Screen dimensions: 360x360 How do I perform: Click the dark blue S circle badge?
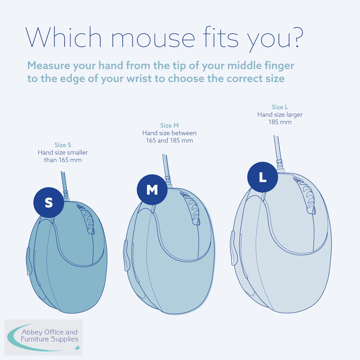tap(49, 202)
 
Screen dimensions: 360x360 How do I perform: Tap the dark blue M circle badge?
tap(152, 190)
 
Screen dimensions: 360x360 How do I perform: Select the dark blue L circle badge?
tap(262, 177)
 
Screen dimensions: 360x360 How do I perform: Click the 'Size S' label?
tap(63, 145)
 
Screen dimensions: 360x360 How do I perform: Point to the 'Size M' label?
tap(169, 125)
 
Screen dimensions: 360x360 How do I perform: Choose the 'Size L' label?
tap(280, 107)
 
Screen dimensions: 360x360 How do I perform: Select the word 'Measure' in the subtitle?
tap(49, 65)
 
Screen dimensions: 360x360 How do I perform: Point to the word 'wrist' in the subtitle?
tap(139, 78)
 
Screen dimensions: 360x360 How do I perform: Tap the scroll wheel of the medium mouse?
tap(191, 208)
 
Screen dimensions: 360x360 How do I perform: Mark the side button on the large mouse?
tap(233, 247)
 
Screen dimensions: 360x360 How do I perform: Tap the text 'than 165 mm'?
tap(63, 160)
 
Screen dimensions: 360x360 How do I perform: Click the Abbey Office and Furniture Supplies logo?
tap(43, 337)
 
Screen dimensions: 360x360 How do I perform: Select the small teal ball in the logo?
tap(77, 348)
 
